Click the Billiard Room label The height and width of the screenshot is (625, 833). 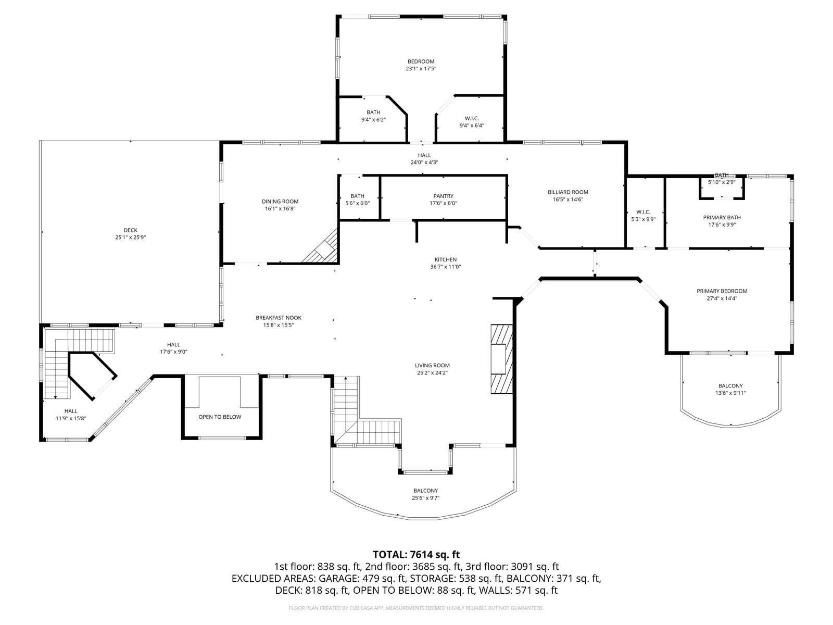pyautogui.click(x=567, y=192)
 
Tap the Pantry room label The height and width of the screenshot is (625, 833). pyautogui.click(x=443, y=196)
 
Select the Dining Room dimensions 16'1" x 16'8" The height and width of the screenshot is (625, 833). pyautogui.click(x=280, y=208)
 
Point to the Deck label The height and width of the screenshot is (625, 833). pyautogui.click(x=131, y=230)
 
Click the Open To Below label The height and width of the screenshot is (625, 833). pyautogui.click(x=220, y=417)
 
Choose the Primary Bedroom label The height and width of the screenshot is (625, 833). pyautogui.click(x=722, y=291)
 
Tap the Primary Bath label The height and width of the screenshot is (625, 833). pyautogui.click(x=722, y=217)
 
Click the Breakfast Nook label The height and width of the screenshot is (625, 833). pyautogui.click(x=279, y=318)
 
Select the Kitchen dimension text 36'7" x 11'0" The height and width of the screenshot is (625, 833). pyautogui.click(x=446, y=266)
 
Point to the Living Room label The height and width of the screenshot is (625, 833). pyautogui.click(x=432, y=366)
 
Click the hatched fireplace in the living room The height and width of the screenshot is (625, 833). pyautogui.click(x=502, y=359)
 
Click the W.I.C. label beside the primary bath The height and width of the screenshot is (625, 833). pyautogui.click(x=643, y=212)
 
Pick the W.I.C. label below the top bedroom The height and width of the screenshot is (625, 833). pyautogui.click(x=472, y=118)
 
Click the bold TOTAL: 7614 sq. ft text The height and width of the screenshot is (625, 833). pyautogui.click(x=416, y=554)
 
